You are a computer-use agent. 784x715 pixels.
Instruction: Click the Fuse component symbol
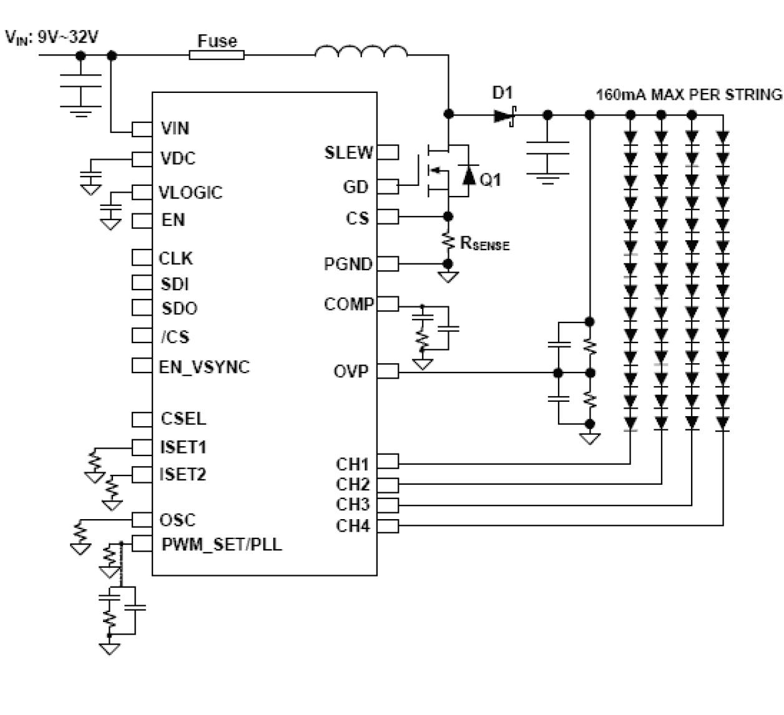[217, 55]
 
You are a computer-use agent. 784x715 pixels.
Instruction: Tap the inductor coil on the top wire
[361, 52]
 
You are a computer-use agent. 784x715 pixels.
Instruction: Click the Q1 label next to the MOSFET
[491, 180]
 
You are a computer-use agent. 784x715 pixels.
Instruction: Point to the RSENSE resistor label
[484, 243]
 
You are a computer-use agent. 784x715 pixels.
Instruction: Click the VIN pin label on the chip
[175, 129]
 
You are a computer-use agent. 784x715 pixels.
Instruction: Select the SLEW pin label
[348, 153]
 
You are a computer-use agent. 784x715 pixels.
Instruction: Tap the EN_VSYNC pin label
[204, 367]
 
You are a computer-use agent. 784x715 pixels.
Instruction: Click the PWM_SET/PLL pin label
[222, 545]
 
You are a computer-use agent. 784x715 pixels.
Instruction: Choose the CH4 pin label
[353, 526]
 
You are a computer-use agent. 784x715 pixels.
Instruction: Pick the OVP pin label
[351, 372]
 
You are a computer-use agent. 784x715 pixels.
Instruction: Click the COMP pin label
[348, 304]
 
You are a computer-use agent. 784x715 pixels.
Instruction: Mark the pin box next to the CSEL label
[142, 419]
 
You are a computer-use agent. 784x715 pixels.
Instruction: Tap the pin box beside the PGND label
[388, 264]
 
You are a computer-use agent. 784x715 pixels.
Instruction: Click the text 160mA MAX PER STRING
[688, 95]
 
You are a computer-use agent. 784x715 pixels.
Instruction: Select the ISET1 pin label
[183, 447]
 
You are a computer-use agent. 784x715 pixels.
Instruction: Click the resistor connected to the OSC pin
[80, 533]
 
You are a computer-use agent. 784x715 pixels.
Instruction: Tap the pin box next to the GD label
[388, 186]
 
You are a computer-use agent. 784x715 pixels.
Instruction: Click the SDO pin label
[179, 309]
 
